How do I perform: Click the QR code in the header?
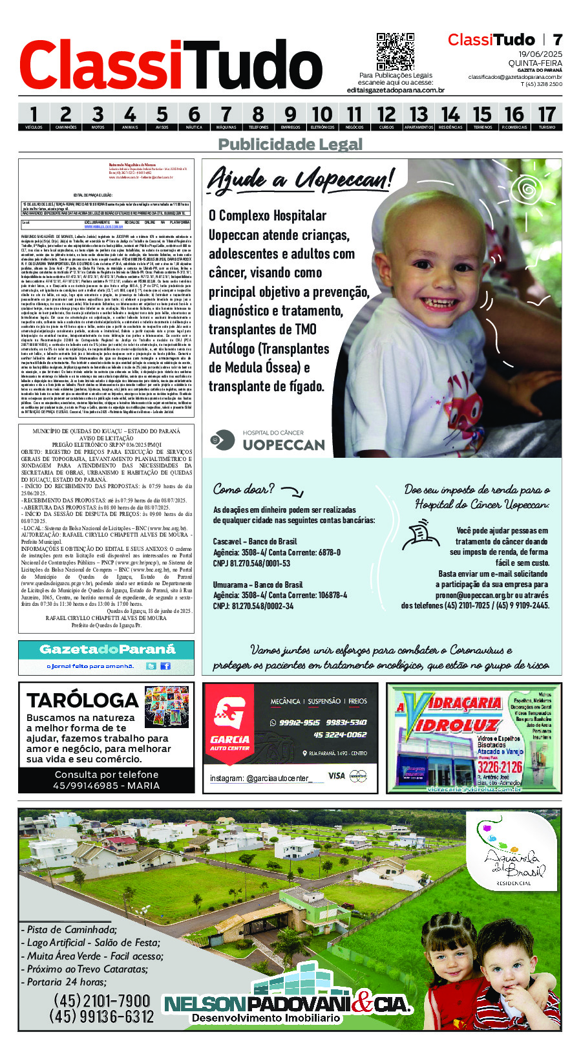pos(395,52)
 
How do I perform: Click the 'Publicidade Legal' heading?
pos(290,144)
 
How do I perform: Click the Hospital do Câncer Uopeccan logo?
pos(268,440)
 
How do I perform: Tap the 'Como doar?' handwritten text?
pos(244,489)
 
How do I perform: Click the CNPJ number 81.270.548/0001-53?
pos(253,563)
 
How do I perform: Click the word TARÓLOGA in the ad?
pos(83,700)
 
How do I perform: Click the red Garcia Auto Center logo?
pos(229,724)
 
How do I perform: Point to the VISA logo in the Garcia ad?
pos(337,776)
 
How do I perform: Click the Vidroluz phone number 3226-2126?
pos(500,768)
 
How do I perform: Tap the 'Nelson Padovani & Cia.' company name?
pos(288,1004)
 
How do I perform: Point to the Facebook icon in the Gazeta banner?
pos(165,666)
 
